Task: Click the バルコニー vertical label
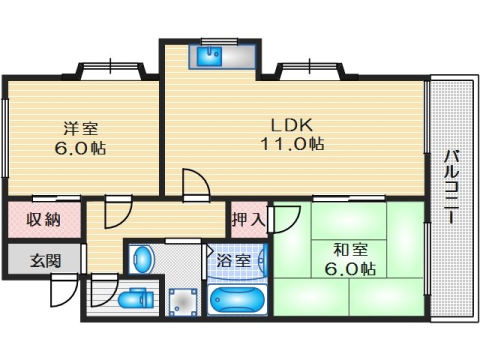point(451,187)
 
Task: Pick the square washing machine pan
point(183,301)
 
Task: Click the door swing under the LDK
point(194,185)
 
